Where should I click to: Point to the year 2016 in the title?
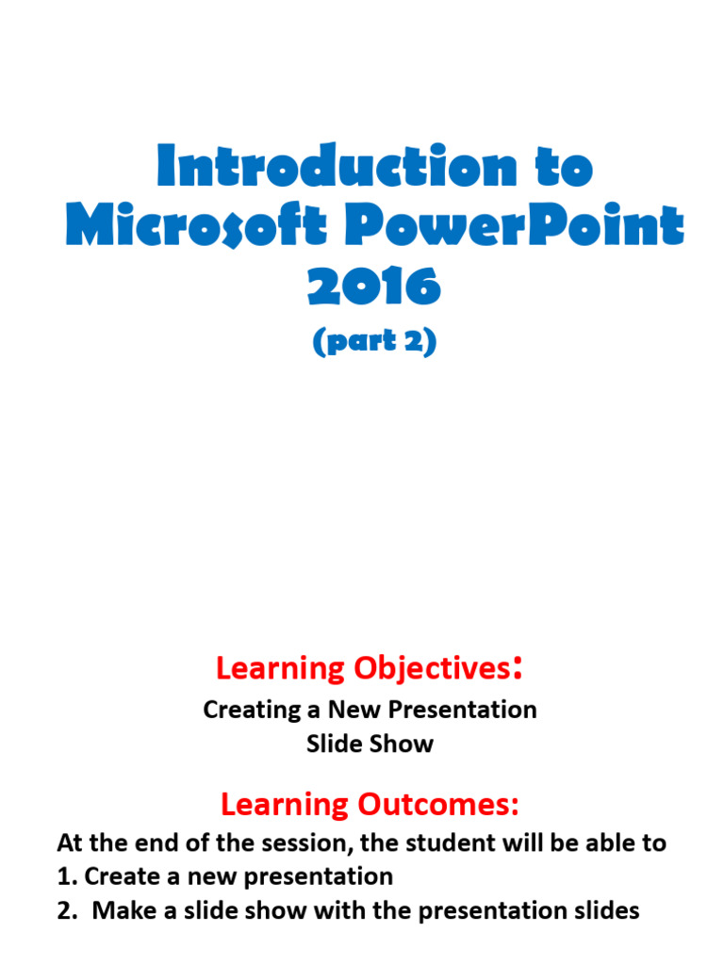(374, 286)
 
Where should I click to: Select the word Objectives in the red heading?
(432, 668)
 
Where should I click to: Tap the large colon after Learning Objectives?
(517, 670)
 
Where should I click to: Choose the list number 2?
(65, 910)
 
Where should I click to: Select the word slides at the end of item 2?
(604, 910)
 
